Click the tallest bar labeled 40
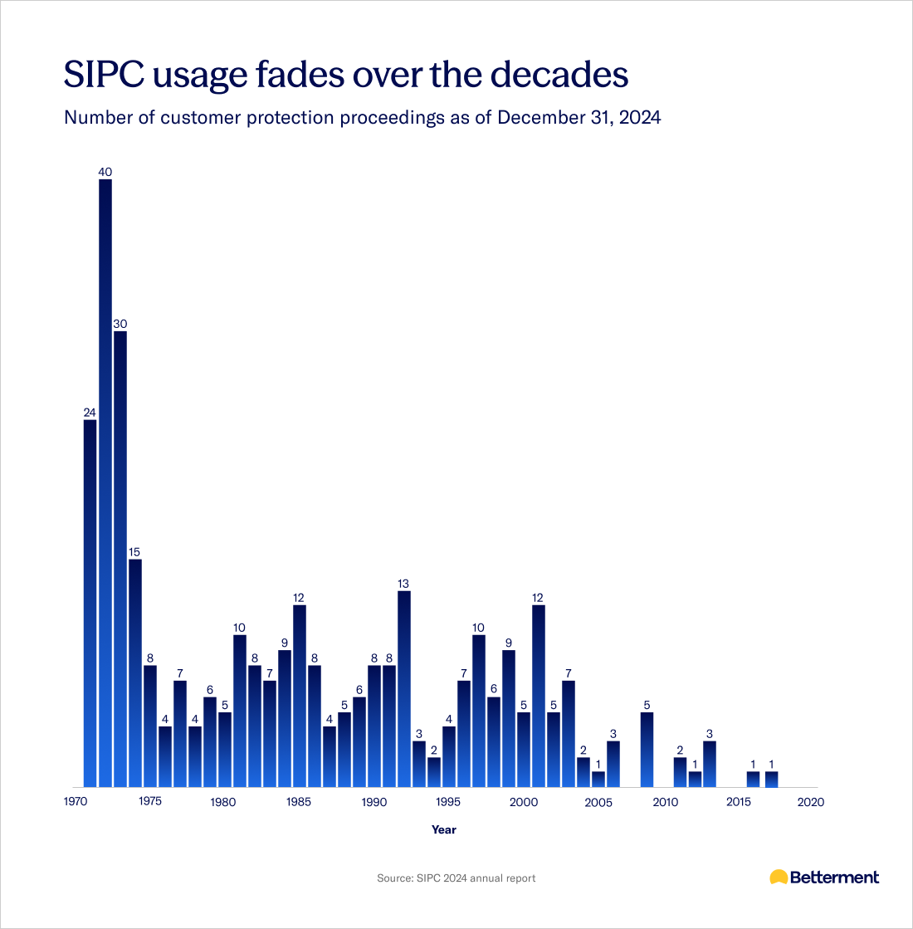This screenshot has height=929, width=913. pyautogui.click(x=105, y=482)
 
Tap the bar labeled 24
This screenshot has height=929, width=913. pyautogui.click(x=90, y=602)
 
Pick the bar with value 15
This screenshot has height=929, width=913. pyautogui.click(x=135, y=672)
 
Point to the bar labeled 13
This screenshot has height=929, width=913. pyautogui.click(x=404, y=688)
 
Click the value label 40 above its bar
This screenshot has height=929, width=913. pyautogui.click(x=105, y=172)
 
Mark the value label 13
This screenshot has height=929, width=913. pyautogui.click(x=404, y=584)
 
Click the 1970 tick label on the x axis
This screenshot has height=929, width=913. pyautogui.click(x=76, y=802)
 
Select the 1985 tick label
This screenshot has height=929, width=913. pyautogui.click(x=299, y=802)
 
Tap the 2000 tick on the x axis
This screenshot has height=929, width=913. pyautogui.click(x=523, y=802)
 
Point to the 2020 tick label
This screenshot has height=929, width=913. pyautogui.click(x=810, y=802)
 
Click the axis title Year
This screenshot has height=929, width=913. pyautogui.click(x=444, y=829)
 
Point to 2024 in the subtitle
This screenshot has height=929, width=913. pyautogui.click(x=639, y=117)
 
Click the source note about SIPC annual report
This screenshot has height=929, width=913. pyautogui.click(x=456, y=878)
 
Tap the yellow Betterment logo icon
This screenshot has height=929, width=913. pyautogui.click(x=779, y=877)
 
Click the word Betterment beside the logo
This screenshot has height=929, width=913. pyautogui.click(x=834, y=878)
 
